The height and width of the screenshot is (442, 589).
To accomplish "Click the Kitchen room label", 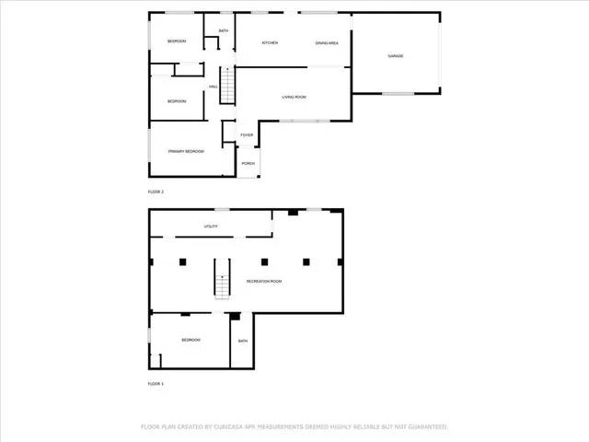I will pyautogui.click(x=270, y=43).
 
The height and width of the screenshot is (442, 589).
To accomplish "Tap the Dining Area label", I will pyautogui.click(x=328, y=43).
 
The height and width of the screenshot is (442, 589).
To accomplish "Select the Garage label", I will pyautogui.click(x=395, y=56).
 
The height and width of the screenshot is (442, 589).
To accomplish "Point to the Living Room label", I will pyautogui.click(x=294, y=97).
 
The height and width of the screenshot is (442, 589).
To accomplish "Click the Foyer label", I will pyautogui.click(x=247, y=135).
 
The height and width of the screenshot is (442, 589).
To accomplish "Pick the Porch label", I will pyautogui.click(x=248, y=164).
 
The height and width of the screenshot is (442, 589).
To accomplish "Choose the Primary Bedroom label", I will pyautogui.click(x=186, y=151).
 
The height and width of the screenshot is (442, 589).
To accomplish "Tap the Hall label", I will pyautogui.click(x=213, y=87).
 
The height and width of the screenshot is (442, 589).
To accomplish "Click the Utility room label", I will pyautogui.click(x=211, y=227).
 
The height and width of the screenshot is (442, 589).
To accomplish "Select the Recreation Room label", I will pyautogui.click(x=263, y=281).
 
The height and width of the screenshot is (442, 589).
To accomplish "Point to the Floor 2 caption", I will pyautogui.click(x=156, y=192).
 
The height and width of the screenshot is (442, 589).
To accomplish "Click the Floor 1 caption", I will pyautogui.click(x=156, y=383).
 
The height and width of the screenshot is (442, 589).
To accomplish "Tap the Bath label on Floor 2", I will pyautogui.click(x=224, y=30).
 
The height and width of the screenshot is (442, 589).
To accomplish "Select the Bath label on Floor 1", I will pyautogui.click(x=243, y=341).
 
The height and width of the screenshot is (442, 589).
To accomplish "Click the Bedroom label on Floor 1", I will pyautogui.click(x=191, y=340).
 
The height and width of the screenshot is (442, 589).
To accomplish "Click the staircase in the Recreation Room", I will pyautogui.click(x=222, y=278).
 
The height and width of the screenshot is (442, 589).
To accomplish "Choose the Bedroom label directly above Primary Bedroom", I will pyautogui.click(x=177, y=100).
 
